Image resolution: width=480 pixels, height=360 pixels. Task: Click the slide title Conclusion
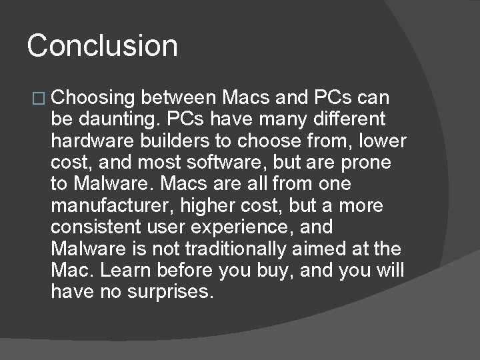pyautogui.click(x=103, y=46)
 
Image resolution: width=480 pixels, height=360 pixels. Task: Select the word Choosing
pyautogui.click(x=93, y=99)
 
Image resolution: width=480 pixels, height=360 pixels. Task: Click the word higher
pyautogui.click(x=203, y=205)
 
